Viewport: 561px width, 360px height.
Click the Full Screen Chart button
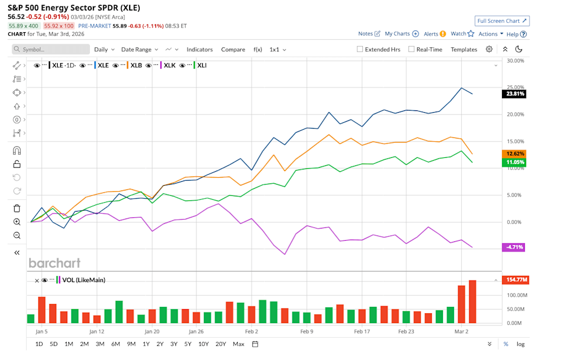pos(502,21)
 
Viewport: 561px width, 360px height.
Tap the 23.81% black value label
pos(513,94)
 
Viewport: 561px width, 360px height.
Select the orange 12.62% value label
pos(513,153)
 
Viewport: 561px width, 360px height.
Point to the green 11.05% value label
pos(513,162)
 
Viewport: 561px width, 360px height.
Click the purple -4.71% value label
pos(513,247)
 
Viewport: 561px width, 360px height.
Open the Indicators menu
pos(199,50)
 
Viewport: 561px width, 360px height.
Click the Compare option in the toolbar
pos(233,50)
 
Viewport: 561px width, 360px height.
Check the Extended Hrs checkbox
pos(361,50)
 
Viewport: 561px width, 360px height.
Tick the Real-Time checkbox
pos(412,50)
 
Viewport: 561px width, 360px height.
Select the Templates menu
pos(463,50)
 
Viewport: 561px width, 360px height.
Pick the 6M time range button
pos(116,344)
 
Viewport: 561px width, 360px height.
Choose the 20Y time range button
pos(220,344)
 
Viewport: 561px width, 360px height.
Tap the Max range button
pos(238,344)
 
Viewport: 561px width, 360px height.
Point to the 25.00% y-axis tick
pos(515,88)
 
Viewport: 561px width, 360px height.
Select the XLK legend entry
pos(170,65)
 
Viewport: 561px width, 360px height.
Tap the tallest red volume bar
pos(472,302)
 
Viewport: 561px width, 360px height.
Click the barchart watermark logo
pos(54,263)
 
